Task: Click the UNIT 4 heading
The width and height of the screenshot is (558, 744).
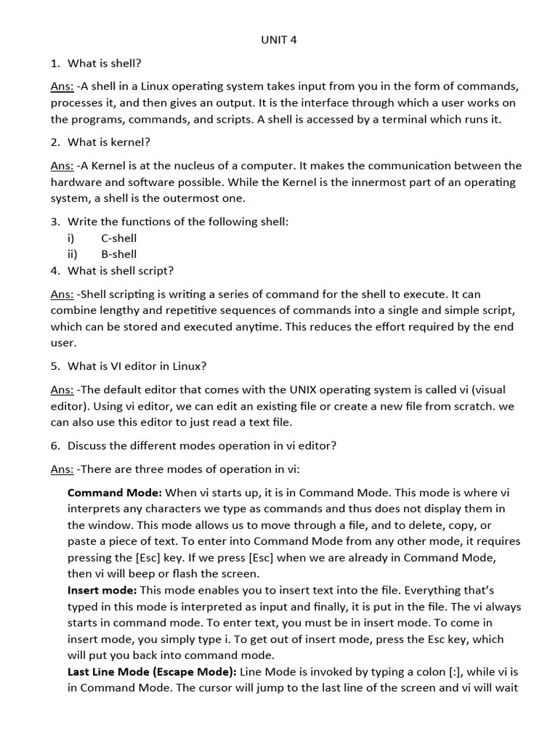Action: point(279,40)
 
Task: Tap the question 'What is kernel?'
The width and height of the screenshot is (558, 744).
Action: point(108,142)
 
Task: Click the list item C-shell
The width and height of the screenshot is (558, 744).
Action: point(118,238)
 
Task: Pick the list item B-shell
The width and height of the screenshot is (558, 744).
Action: point(118,254)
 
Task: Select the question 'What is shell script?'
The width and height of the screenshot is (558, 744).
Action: point(120,271)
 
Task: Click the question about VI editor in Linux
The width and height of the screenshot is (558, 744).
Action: point(142,366)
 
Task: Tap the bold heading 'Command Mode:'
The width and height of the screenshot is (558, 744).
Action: point(115,493)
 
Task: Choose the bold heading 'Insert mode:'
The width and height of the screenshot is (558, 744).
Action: point(102,591)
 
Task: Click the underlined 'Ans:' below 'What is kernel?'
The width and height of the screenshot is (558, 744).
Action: point(62,166)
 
